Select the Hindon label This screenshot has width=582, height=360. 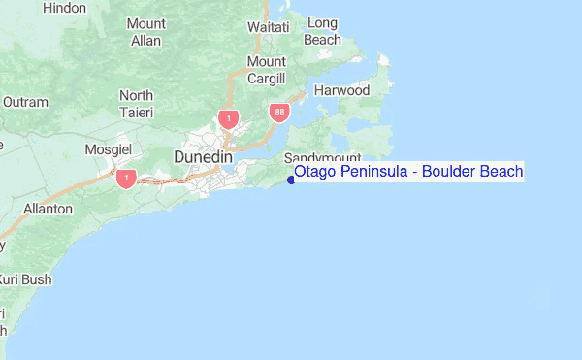pyautogui.click(x=65, y=8)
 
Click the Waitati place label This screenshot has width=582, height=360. pyautogui.click(x=268, y=27)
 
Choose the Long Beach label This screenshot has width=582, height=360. pyautogui.click(x=322, y=32)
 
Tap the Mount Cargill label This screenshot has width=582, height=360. pyautogui.click(x=266, y=70)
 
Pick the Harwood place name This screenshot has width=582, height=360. pyautogui.click(x=342, y=90)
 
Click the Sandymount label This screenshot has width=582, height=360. pyautogui.click(x=322, y=157)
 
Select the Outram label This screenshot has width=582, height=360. pyautogui.click(x=25, y=101)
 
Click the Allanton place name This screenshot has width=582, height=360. pyautogui.click(x=48, y=209)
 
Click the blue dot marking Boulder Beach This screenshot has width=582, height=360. pyautogui.click(x=291, y=179)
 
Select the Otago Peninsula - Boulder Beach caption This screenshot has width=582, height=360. pyautogui.click(x=407, y=172)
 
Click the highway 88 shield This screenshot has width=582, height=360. pyautogui.click(x=279, y=112)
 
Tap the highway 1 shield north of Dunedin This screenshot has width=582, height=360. pyautogui.click(x=228, y=119)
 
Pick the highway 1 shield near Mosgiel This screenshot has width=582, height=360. pyautogui.click(x=125, y=179)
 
